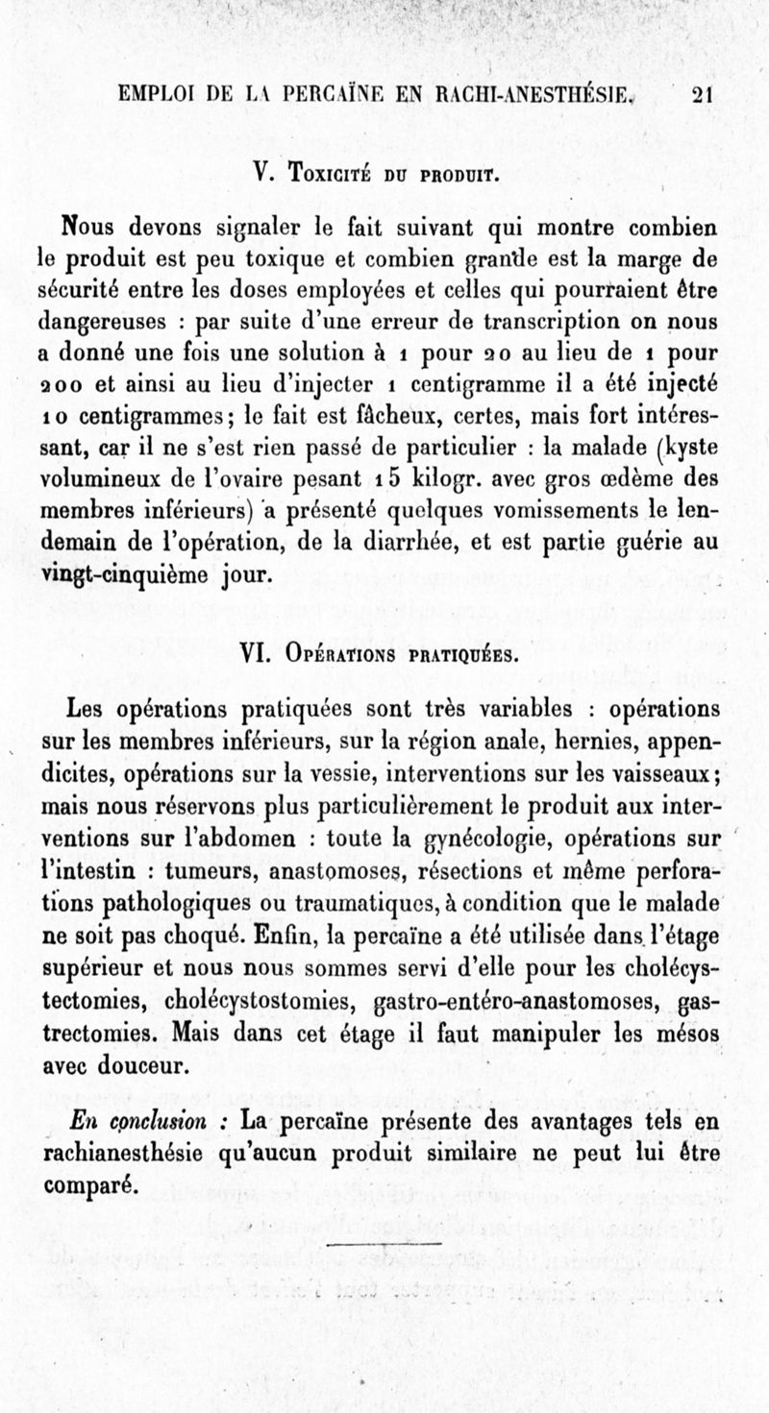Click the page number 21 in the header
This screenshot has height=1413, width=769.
click(700, 94)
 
